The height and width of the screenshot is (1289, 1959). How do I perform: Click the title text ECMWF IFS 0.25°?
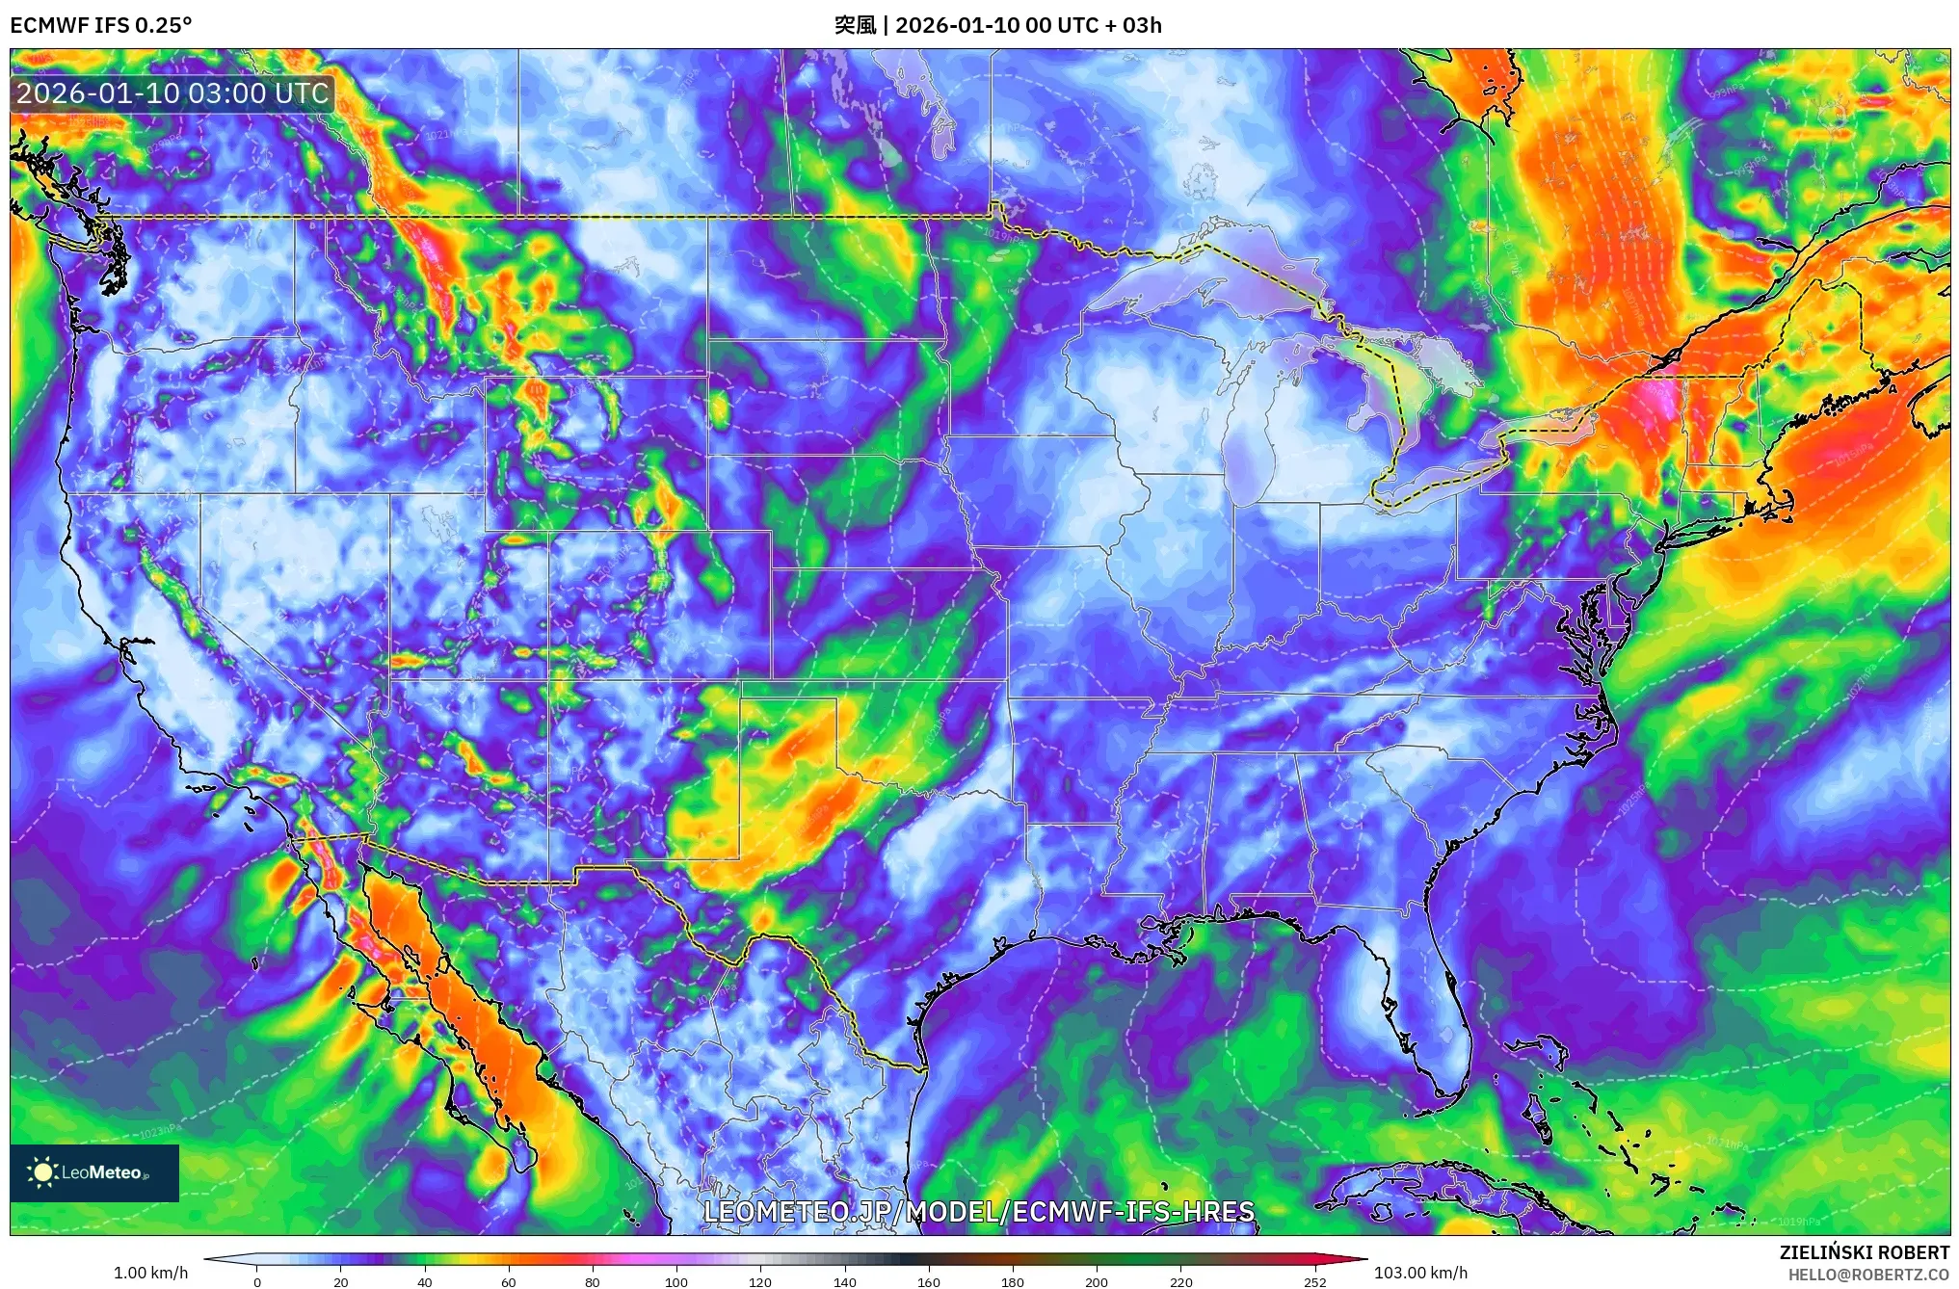pyautogui.click(x=100, y=25)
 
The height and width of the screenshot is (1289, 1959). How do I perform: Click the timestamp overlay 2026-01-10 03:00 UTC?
pyautogui.click(x=173, y=93)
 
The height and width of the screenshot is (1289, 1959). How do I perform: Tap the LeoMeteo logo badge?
pyautogui.click(x=93, y=1172)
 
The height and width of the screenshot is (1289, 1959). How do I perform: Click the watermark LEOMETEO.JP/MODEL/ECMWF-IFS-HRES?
pyautogui.click(x=979, y=1212)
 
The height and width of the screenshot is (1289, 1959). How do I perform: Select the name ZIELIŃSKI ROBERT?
pyautogui.click(x=1864, y=1252)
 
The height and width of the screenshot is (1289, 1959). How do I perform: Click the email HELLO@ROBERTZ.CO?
pyautogui.click(x=1867, y=1275)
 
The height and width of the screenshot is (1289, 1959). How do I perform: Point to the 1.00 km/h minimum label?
pyautogui.click(x=150, y=1273)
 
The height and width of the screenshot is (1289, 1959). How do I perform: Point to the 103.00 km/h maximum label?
pyautogui.click(x=1419, y=1273)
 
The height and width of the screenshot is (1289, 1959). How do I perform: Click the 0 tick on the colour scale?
pyautogui.click(x=256, y=1282)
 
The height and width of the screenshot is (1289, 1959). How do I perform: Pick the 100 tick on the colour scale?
pyautogui.click(x=676, y=1282)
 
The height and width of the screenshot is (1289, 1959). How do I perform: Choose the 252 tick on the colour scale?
pyautogui.click(x=1314, y=1282)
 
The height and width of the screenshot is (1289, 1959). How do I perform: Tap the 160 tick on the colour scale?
pyautogui.click(x=929, y=1282)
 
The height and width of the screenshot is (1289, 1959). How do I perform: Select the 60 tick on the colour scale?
pyautogui.click(x=508, y=1282)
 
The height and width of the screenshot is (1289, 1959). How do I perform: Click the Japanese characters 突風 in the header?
pyautogui.click(x=855, y=25)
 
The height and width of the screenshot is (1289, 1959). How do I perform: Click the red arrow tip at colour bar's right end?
pyautogui.click(x=1359, y=1258)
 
